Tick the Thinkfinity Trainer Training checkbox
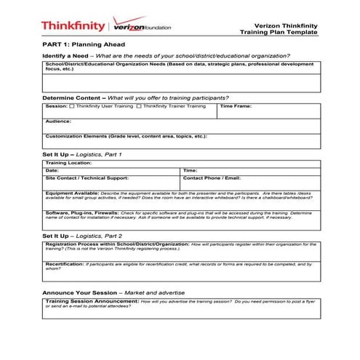coord(139,106)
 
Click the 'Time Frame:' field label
coord(236,106)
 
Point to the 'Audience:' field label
coord(58,121)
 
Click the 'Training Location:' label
coord(68,163)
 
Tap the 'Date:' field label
coord(52,169)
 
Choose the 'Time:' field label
coord(191,169)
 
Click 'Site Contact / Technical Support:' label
coord(87,177)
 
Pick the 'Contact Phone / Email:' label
coord(212,177)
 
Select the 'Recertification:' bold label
coord(65,263)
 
